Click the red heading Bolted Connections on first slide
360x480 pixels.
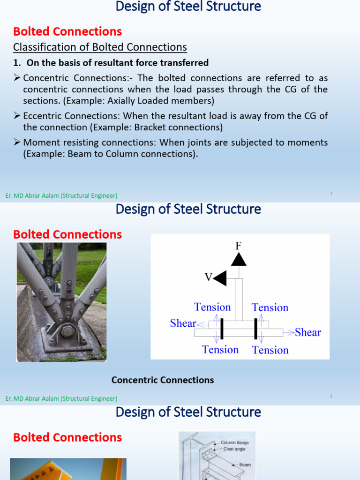click(x=67, y=31)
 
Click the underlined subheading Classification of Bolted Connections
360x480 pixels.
click(x=100, y=47)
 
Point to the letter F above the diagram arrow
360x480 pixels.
click(x=238, y=246)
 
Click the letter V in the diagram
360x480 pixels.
click(x=208, y=277)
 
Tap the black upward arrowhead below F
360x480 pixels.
click(x=239, y=259)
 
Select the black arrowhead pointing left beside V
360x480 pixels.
click(x=220, y=278)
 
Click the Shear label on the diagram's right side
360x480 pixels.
click(x=308, y=332)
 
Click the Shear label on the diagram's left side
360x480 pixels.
click(x=183, y=323)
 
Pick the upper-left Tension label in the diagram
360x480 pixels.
click(x=212, y=307)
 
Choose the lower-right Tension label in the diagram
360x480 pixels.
click(x=270, y=350)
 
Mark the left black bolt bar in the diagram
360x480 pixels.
click(x=221, y=328)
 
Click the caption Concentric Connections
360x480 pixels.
click(x=163, y=380)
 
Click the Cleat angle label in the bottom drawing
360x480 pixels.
click(x=234, y=449)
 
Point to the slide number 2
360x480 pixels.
click(x=331, y=396)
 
